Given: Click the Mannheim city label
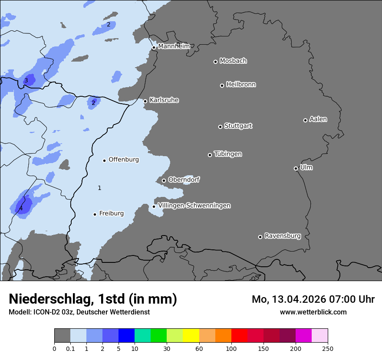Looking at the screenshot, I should pos(174,46).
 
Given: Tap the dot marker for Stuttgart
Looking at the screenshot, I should pos(220,127).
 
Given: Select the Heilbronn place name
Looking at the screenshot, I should pos(241,85).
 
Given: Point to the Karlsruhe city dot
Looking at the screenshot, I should pos(145,101).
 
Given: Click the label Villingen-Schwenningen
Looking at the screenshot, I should pos(194,206).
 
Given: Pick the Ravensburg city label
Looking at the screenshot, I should pos(282,236).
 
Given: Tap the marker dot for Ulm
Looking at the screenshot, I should pos(296,168).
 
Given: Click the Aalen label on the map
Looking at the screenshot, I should pos(318,119).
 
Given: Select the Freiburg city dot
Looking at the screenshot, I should pos(95,214).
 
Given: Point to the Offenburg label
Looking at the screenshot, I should pos(124,160).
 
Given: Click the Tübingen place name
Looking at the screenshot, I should pos(228,154).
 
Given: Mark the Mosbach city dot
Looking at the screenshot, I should pos(215,62).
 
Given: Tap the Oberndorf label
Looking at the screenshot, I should pos(184,180).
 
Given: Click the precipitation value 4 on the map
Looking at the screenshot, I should pos(21,209).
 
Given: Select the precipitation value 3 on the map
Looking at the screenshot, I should pos(26,80).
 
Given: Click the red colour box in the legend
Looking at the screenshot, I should pos(239,336).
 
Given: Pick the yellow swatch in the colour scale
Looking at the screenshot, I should pos(191,336).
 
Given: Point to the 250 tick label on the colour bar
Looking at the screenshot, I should pos(328,348).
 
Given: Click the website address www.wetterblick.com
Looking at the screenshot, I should pos(313,312).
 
